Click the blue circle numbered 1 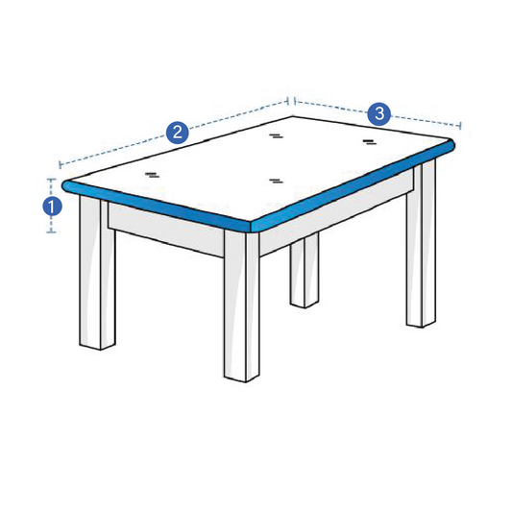[53, 205]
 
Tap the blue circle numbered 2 [177, 133]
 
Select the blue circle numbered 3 [379, 114]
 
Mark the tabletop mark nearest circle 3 [369, 141]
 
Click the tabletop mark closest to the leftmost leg [152, 174]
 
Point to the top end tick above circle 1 [53, 179]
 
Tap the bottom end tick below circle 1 [53, 232]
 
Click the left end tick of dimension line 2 [60, 164]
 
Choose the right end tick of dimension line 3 [460, 125]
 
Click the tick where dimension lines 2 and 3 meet [290, 99]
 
